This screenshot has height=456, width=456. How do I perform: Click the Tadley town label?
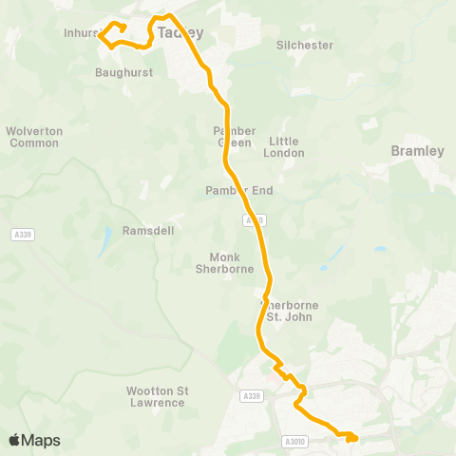click(x=180, y=32)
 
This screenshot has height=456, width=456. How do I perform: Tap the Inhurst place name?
click(x=81, y=33)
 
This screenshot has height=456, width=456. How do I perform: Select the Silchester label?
click(x=304, y=45)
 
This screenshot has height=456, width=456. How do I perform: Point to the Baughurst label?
click(x=120, y=71)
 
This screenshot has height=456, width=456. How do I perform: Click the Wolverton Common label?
click(x=33, y=137)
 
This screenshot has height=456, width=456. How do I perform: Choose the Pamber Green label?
click(x=234, y=136)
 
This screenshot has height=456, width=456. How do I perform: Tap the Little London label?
click(x=285, y=146)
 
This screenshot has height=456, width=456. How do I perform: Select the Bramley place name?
click(x=417, y=151)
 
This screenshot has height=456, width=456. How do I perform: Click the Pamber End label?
click(x=238, y=191)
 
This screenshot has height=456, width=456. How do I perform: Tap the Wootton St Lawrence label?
click(x=156, y=396)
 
